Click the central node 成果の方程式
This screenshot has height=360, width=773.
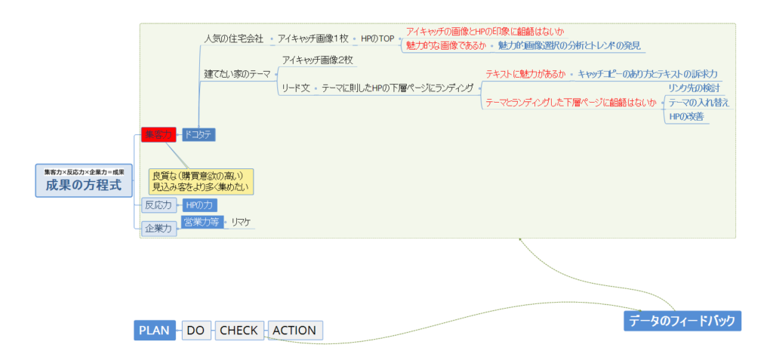pyautogui.click(x=83, y=181)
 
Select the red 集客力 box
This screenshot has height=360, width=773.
pyautogui.click(x=159, y=134)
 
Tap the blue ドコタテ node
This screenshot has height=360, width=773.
pyautogui.click(x=199, y=134)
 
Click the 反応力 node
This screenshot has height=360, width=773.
pyautogui.click(x=159, y=205)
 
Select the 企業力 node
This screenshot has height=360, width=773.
pyautogui.click(x=159, y=228)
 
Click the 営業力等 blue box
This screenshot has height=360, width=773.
pyautogui.click(x=202, y=222)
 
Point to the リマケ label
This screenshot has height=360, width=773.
pyautogui.click(x=242, y=222)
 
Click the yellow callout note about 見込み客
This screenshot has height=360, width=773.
pyautogui.click(x=201, y=181)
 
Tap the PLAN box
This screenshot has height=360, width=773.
pyautogui.click(x=155, y=330)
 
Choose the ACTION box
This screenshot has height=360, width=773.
pyautogui.click(x=294, y=330)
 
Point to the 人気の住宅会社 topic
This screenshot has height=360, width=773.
pyautogui.click(x=234, y=38)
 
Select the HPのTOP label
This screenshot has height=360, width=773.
pyautogui.click(x=377, y=38)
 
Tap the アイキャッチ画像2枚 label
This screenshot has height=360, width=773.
pyautogui.click(x=317, y=60)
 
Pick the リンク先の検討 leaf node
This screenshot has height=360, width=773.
pyautogui.click(x=694, y=88)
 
